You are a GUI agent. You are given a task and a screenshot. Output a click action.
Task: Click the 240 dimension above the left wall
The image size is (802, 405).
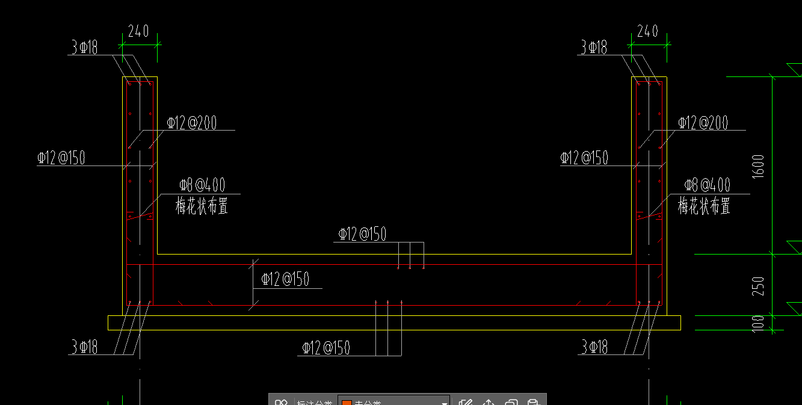point(138,31)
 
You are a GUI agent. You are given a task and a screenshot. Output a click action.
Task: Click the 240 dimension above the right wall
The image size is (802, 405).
point(647,31)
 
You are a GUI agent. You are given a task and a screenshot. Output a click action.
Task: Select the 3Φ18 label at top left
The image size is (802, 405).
point(84,48)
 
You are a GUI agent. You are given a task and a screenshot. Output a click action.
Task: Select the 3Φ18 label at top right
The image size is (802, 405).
point(594,48)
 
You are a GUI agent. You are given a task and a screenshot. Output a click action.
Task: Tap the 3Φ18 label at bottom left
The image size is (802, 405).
point(84,347)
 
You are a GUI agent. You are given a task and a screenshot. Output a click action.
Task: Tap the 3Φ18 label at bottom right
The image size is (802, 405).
point(594,347)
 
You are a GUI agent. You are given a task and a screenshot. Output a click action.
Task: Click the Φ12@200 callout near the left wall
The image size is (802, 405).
point(192,123)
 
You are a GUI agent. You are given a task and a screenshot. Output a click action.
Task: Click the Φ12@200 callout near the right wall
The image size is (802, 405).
point(703,123)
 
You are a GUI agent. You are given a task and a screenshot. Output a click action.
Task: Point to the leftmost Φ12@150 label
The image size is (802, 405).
point(61,158)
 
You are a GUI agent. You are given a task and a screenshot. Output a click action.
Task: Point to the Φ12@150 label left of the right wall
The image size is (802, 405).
point(584,158)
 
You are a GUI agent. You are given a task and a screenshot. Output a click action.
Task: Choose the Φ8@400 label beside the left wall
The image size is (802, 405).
point(202,185)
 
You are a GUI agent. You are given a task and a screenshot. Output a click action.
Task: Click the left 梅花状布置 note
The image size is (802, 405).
point(202,206)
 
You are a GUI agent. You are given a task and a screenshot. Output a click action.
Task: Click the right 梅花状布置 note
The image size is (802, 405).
point(705,206)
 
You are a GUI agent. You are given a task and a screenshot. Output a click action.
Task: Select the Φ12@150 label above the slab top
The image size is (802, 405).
point(362,234)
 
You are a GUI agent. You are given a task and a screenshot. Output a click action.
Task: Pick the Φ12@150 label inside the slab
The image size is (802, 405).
point(285,279)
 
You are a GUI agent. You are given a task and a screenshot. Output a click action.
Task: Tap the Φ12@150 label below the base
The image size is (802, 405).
point(326,348)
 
